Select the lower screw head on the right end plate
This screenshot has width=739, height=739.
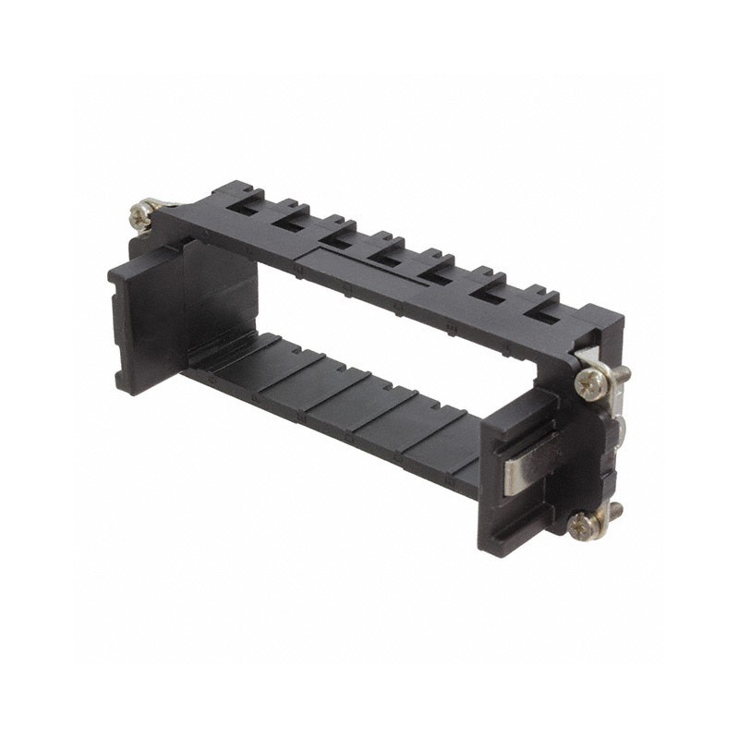point(583,525)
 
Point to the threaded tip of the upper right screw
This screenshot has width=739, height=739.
point(624,372)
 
